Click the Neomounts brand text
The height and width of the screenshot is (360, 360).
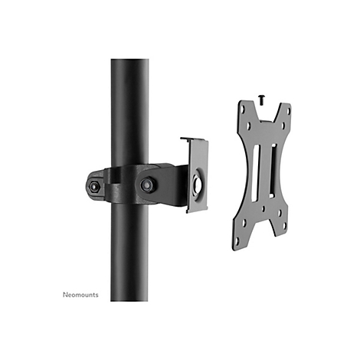[x=80, y=295]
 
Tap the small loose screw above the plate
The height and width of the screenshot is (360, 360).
[x=261, y=100]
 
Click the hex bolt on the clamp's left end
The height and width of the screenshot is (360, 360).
[x=94, y=187]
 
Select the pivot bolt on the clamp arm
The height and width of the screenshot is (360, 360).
[x=146, y=185]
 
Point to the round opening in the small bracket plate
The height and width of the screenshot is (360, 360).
[x=198, y=183]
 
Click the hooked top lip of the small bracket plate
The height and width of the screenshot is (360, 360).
[x=193, y=139]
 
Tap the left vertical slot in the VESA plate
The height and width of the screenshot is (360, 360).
[x=255, y=173]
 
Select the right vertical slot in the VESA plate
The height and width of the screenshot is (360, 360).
[x=273, y=171]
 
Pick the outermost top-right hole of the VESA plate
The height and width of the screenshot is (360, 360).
[x=289, y=111]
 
